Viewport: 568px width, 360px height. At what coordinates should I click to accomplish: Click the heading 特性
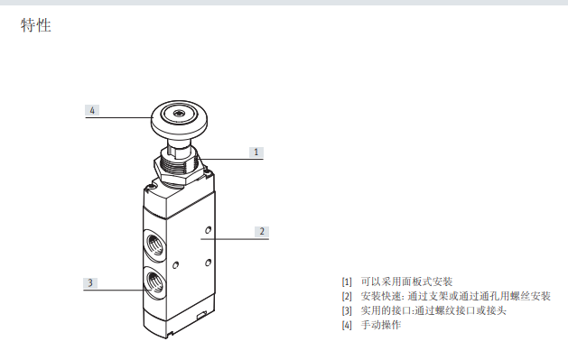pyautogui.click(x=36, y=26)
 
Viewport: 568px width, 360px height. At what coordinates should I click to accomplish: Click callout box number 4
pyautogui.click(x=92, y=110)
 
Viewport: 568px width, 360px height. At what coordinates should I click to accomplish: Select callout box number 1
pyautogui.click(x=256, y=152)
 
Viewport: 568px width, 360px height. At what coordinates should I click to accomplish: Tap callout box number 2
pyautogui.click(x=262, y=231)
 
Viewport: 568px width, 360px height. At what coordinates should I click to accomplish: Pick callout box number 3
pyautogui.click(x=89, y=282)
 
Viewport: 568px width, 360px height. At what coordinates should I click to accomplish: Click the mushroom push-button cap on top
pyautogui.click(x=177, y=116)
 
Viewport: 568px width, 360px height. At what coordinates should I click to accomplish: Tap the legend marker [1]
pyautogui.click(x=347, y=282)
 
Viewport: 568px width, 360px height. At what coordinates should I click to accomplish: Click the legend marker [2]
pyautogui.click(x=347, y=296)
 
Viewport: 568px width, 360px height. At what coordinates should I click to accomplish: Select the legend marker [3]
pyautogui.click(x=347, y=310)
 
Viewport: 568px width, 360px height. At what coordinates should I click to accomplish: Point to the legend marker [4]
pyautogui.click(x=347, y=325)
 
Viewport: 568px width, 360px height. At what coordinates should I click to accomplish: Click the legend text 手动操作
pyautogui.click(x=380, y=325)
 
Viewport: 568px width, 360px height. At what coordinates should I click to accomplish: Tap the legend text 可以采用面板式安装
pyautogui.click(x=405, y=282)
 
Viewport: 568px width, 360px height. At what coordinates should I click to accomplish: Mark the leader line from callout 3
pyautogui.click(x=122, y=290)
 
